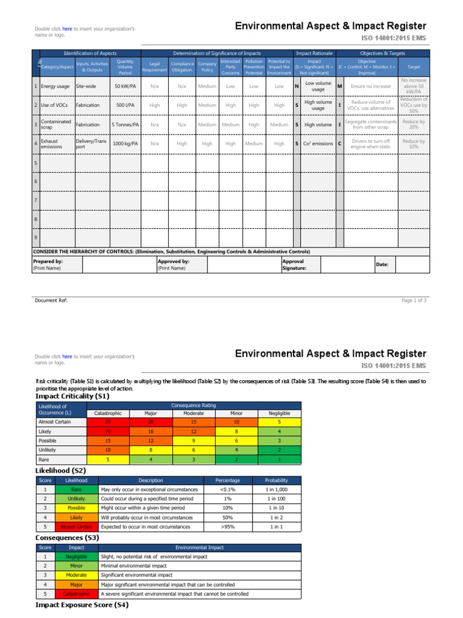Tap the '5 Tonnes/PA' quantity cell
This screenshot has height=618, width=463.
125,124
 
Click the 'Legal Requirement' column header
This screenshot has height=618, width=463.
154,66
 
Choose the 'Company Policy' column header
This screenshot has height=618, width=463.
207,66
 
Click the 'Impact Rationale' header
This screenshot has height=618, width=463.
313,53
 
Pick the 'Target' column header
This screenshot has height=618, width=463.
414,66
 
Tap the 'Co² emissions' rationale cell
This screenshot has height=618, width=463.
318,144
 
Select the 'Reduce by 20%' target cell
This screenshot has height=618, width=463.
414,124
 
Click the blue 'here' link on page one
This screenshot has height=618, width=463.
67,28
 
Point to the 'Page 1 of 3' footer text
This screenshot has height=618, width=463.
414,300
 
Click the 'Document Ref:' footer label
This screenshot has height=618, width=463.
51,300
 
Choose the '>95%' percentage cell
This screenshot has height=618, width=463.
228,527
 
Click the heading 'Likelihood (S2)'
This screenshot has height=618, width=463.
61,470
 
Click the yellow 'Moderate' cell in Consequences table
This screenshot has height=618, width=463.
77,575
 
